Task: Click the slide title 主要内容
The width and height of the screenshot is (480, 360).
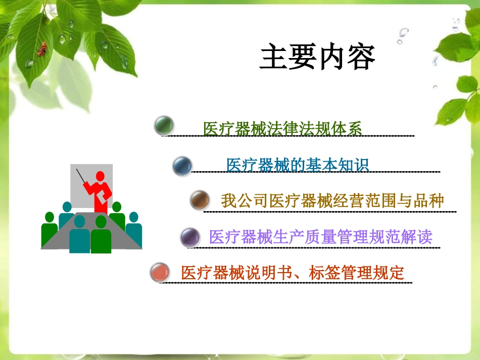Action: point(317,57)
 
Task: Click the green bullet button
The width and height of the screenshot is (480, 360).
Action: point(164,125)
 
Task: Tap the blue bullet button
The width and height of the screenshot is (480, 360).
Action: point(182,166)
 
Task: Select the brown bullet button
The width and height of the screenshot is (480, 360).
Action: point(200,200)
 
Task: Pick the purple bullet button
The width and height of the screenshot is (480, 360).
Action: point(189,236)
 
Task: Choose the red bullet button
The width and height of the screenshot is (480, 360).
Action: point(160,273)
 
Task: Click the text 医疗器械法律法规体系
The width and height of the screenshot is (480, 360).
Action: point(282,129)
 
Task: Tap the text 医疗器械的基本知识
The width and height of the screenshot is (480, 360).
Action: point(298,165)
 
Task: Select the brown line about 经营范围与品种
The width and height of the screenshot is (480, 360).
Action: point(332,200)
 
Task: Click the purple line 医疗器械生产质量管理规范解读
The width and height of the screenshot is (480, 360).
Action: point(320,237)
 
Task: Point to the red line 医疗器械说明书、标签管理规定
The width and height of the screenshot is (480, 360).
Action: point(293,273)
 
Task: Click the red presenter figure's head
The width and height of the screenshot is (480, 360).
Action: point(100,177)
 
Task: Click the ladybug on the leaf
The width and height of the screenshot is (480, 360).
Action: point(42,48)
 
